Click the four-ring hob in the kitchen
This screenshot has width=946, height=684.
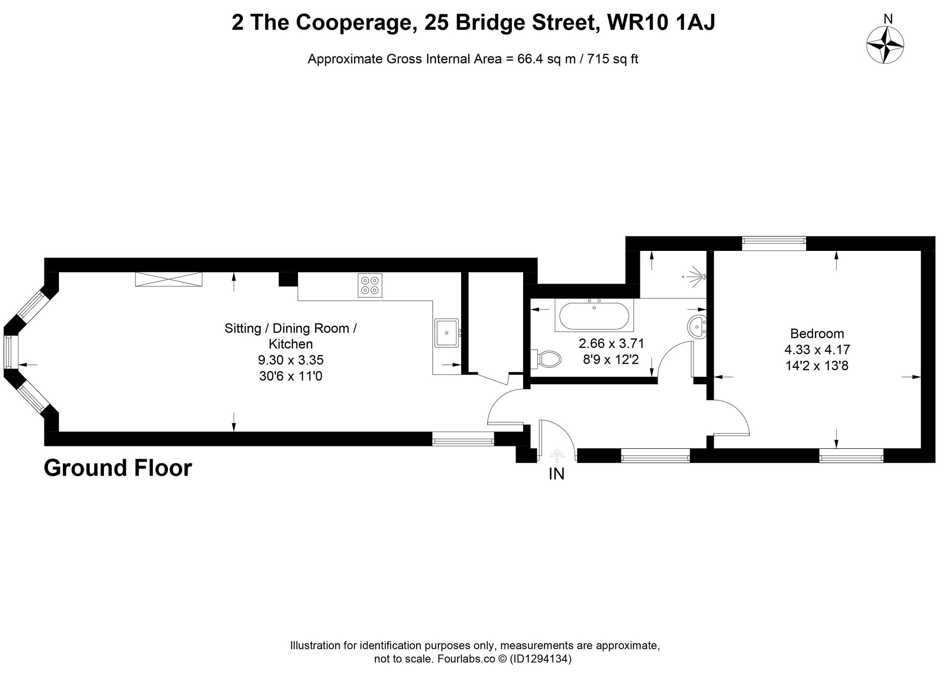tap(370, 285)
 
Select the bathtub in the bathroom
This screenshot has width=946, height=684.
tap(595, 316)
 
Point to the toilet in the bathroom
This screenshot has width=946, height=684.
tap(548, 358)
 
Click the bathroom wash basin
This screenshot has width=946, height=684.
tap(697, 327)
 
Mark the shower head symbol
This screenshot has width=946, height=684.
tap(695, 276)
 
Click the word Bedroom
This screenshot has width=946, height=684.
tap(817, 333)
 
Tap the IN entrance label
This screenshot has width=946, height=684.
tap(557, 474)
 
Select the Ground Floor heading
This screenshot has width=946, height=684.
tap(118, 468)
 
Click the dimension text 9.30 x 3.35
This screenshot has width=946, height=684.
tap(290, 360)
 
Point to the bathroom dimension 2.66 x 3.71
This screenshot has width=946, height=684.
tap(611, 343)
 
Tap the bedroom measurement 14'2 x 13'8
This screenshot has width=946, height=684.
tap(817, 366)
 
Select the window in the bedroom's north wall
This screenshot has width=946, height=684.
tap(773, 243)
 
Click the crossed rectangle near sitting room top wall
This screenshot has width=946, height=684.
tap(168, 279)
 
